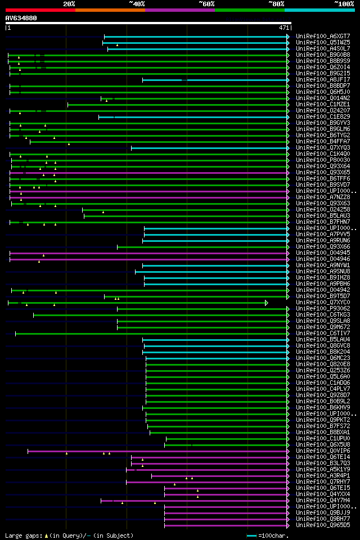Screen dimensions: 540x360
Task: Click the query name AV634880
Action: [x=21, y=18]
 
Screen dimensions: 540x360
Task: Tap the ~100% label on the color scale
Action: [x=344, y=4]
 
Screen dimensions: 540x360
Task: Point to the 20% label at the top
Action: [x=69, y=4]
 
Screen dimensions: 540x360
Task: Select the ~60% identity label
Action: [x=206, y=4]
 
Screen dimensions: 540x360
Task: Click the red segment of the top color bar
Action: [x=40, y=10]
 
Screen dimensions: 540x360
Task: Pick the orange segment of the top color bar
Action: [x=110, y=10]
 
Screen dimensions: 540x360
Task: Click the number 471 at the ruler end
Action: [x=284, y=27]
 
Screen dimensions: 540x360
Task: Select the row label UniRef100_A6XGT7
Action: [x=323, y=36]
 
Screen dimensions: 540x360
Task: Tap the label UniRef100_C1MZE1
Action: [x=323, y=104]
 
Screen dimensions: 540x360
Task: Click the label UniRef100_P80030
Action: [x=323, y=160]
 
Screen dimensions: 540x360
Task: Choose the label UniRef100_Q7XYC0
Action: [x=323, y=303]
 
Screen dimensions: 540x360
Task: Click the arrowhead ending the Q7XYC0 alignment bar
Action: [x=267, y=303]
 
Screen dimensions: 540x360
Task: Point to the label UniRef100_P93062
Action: [x=323, y=309]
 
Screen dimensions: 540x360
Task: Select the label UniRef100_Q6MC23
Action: [x=323, y=358]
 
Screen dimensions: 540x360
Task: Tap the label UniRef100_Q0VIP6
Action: [x=323, y=451]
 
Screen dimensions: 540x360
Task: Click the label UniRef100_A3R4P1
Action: [x=323, y=476]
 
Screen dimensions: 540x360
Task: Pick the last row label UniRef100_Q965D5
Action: [x=323, y=525]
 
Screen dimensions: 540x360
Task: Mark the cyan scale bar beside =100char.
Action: [x=251, y=535]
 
